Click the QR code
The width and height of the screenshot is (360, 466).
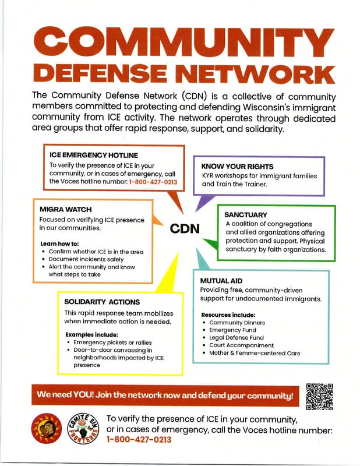click(319, 397)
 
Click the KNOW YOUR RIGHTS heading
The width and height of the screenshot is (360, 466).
click(235, 165)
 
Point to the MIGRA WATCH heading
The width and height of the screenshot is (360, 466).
click(66, 209)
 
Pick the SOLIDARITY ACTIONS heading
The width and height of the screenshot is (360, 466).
click(102, 302)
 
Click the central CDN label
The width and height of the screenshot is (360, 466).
click(185, 229)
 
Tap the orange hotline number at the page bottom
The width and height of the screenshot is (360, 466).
click(139, 440)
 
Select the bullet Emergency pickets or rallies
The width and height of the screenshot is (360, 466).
click(110, 343)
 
